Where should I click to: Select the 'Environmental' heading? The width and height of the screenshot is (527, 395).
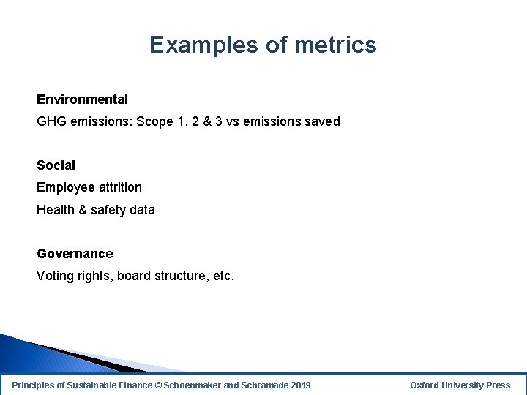click(82, 99)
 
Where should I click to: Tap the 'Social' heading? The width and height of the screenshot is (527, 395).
click(56, 165)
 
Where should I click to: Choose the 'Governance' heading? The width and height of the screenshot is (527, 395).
click(75, 254)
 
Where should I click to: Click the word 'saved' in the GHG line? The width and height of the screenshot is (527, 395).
click(322, 121)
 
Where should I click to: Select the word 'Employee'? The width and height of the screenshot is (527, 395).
click(63, 187)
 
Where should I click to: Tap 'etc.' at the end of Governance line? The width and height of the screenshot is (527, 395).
click(221, 276)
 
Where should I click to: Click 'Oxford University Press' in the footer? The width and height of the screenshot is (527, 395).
click(460, 385)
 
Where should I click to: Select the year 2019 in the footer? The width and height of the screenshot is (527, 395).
click(301, 385)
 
